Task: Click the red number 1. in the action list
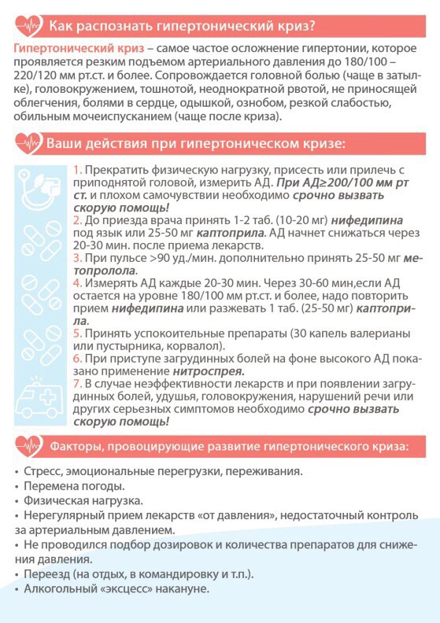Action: click(77, 171)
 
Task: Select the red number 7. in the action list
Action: click(77, 383)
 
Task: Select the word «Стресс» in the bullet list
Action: click(43, 472)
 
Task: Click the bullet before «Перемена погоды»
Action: click(17, 487)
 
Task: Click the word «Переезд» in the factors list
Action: click(47, 574)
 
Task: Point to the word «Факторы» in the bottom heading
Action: click(79, 447)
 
